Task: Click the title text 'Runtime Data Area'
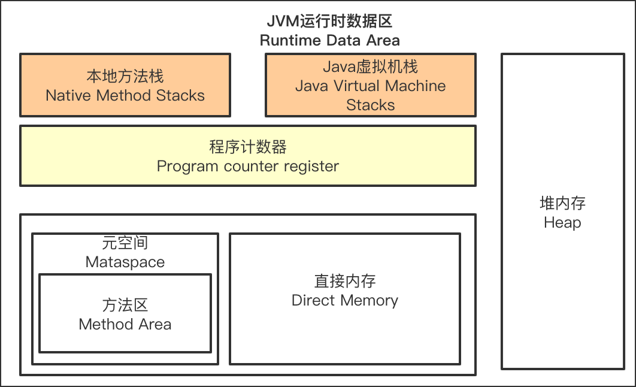click(x=329, y=41)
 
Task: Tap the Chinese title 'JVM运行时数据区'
click(x=329, y=22)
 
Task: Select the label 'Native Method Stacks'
click(x=125, y=95)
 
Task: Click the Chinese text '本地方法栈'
click(x=125, y=76)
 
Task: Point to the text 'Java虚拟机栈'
click(x=370, y=66)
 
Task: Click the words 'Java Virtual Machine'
click(x=370, y=86)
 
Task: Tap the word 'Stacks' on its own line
click(x=370, y=105)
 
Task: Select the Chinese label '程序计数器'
click(x=247, y=147)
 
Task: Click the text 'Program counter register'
click(x=247, y=166)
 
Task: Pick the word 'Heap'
click(x=562, y=223)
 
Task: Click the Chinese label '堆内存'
click(x=562, y=203)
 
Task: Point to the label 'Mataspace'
click(x=125, y=262)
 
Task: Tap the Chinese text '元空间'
click(x=125, y=243)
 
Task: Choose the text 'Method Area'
click(x=125, y=324)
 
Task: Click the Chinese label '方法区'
click(x=125, y=305)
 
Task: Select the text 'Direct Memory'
click(x=344, y=300)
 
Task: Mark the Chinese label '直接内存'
click(x=344, y=281)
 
